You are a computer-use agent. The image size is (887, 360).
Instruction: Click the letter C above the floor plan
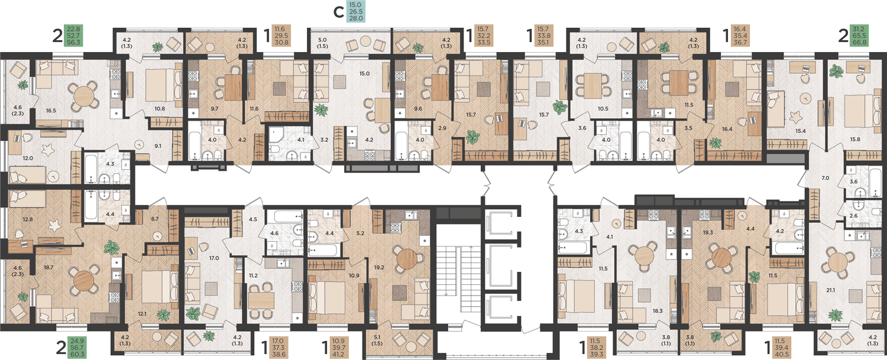click(339, 12)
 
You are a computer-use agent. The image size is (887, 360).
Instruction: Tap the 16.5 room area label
click(51, 111)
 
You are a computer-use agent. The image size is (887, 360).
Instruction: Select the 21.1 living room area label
click(830, 290)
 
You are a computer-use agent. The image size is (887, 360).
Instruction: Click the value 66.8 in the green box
click(859, 42)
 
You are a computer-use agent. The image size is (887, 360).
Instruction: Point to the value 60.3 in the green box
click(77, 354)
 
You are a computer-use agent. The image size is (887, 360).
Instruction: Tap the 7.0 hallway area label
click(826, 178)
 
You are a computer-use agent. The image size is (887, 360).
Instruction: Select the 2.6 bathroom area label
click(853, 216)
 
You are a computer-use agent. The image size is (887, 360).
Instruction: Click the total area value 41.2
click(338, 354)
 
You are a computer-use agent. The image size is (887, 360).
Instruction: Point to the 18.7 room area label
click(48, 267)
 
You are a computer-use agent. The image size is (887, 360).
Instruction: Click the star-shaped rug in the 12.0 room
click(48, 150)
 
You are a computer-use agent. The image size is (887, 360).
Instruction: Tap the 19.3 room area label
click(708, 232)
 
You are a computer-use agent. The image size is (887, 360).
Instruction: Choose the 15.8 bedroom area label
click(855, 140)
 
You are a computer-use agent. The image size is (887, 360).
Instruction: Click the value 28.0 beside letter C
click(355, 18)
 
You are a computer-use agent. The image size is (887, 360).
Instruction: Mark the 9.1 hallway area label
click(158, 146)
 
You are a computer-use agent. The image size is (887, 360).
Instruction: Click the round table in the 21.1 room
click(838, 262)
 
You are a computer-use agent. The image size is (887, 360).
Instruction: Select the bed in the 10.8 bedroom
click(160, 85)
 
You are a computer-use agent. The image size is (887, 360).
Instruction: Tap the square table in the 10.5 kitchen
click(593, 85)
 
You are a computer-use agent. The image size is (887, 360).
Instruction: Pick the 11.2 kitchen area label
click(254, 275)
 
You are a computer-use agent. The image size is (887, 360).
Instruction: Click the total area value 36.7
click(739, 42)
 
